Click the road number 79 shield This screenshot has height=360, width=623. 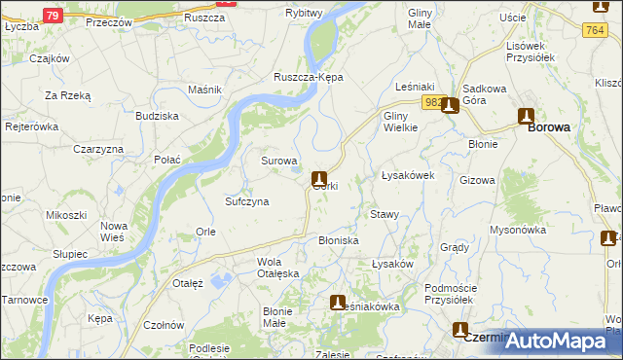click(54, 16)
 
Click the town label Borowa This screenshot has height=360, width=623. click(549, 127)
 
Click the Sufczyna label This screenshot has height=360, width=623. click(247, 201)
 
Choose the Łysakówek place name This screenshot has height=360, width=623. click(407, 175)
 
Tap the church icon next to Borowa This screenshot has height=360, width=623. click(527, 114)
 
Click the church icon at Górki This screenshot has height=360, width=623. click(318, 178)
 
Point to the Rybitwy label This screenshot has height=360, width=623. click(305, 12)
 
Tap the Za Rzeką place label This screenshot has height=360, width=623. click(68, 95)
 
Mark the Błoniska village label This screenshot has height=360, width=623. click(339, 240)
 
